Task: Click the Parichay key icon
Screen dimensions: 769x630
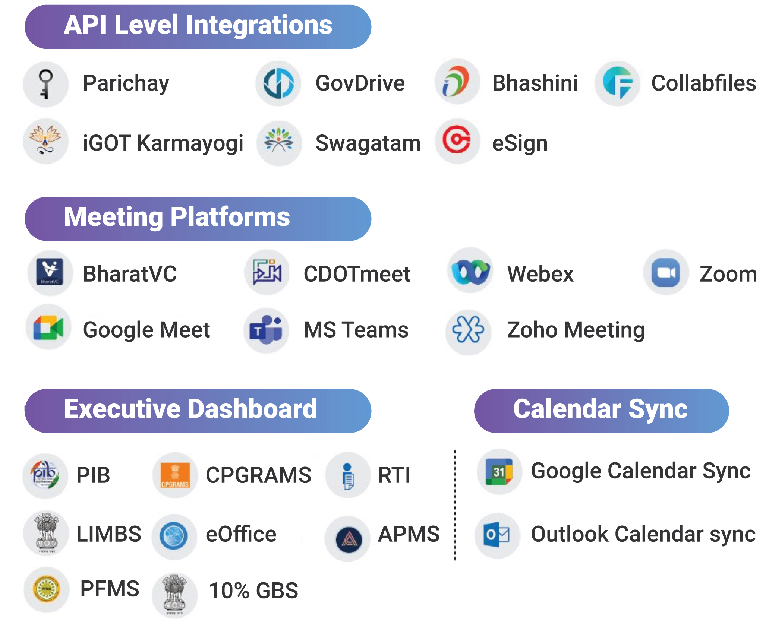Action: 45,84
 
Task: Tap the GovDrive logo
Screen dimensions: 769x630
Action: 278,83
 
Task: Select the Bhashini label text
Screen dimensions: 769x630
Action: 535,83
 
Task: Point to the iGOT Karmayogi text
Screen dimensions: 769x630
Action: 163,143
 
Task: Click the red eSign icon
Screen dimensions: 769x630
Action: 457,141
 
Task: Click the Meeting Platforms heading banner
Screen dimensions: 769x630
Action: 198,219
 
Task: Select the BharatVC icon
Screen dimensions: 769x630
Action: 50,273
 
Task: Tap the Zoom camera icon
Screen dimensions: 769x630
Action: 666,272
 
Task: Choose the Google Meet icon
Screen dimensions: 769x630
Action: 48,327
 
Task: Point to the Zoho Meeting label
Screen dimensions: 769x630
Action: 576,330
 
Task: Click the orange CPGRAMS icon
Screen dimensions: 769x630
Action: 175,475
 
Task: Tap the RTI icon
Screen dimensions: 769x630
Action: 348,475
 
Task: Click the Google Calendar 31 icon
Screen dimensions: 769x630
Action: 499,472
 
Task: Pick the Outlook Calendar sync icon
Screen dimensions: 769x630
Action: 497,535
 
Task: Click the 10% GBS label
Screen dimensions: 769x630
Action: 254,590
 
